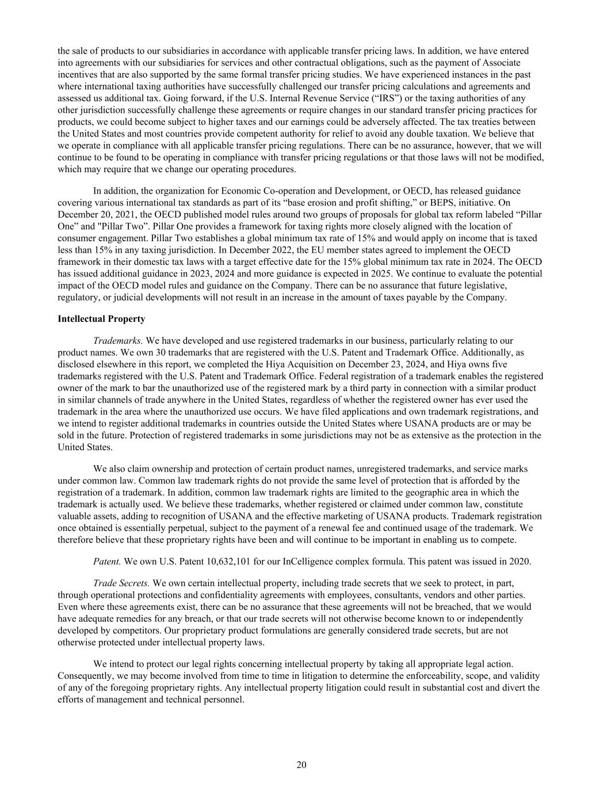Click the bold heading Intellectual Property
(x=101, y=318)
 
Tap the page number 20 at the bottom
(x=301, y=765)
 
